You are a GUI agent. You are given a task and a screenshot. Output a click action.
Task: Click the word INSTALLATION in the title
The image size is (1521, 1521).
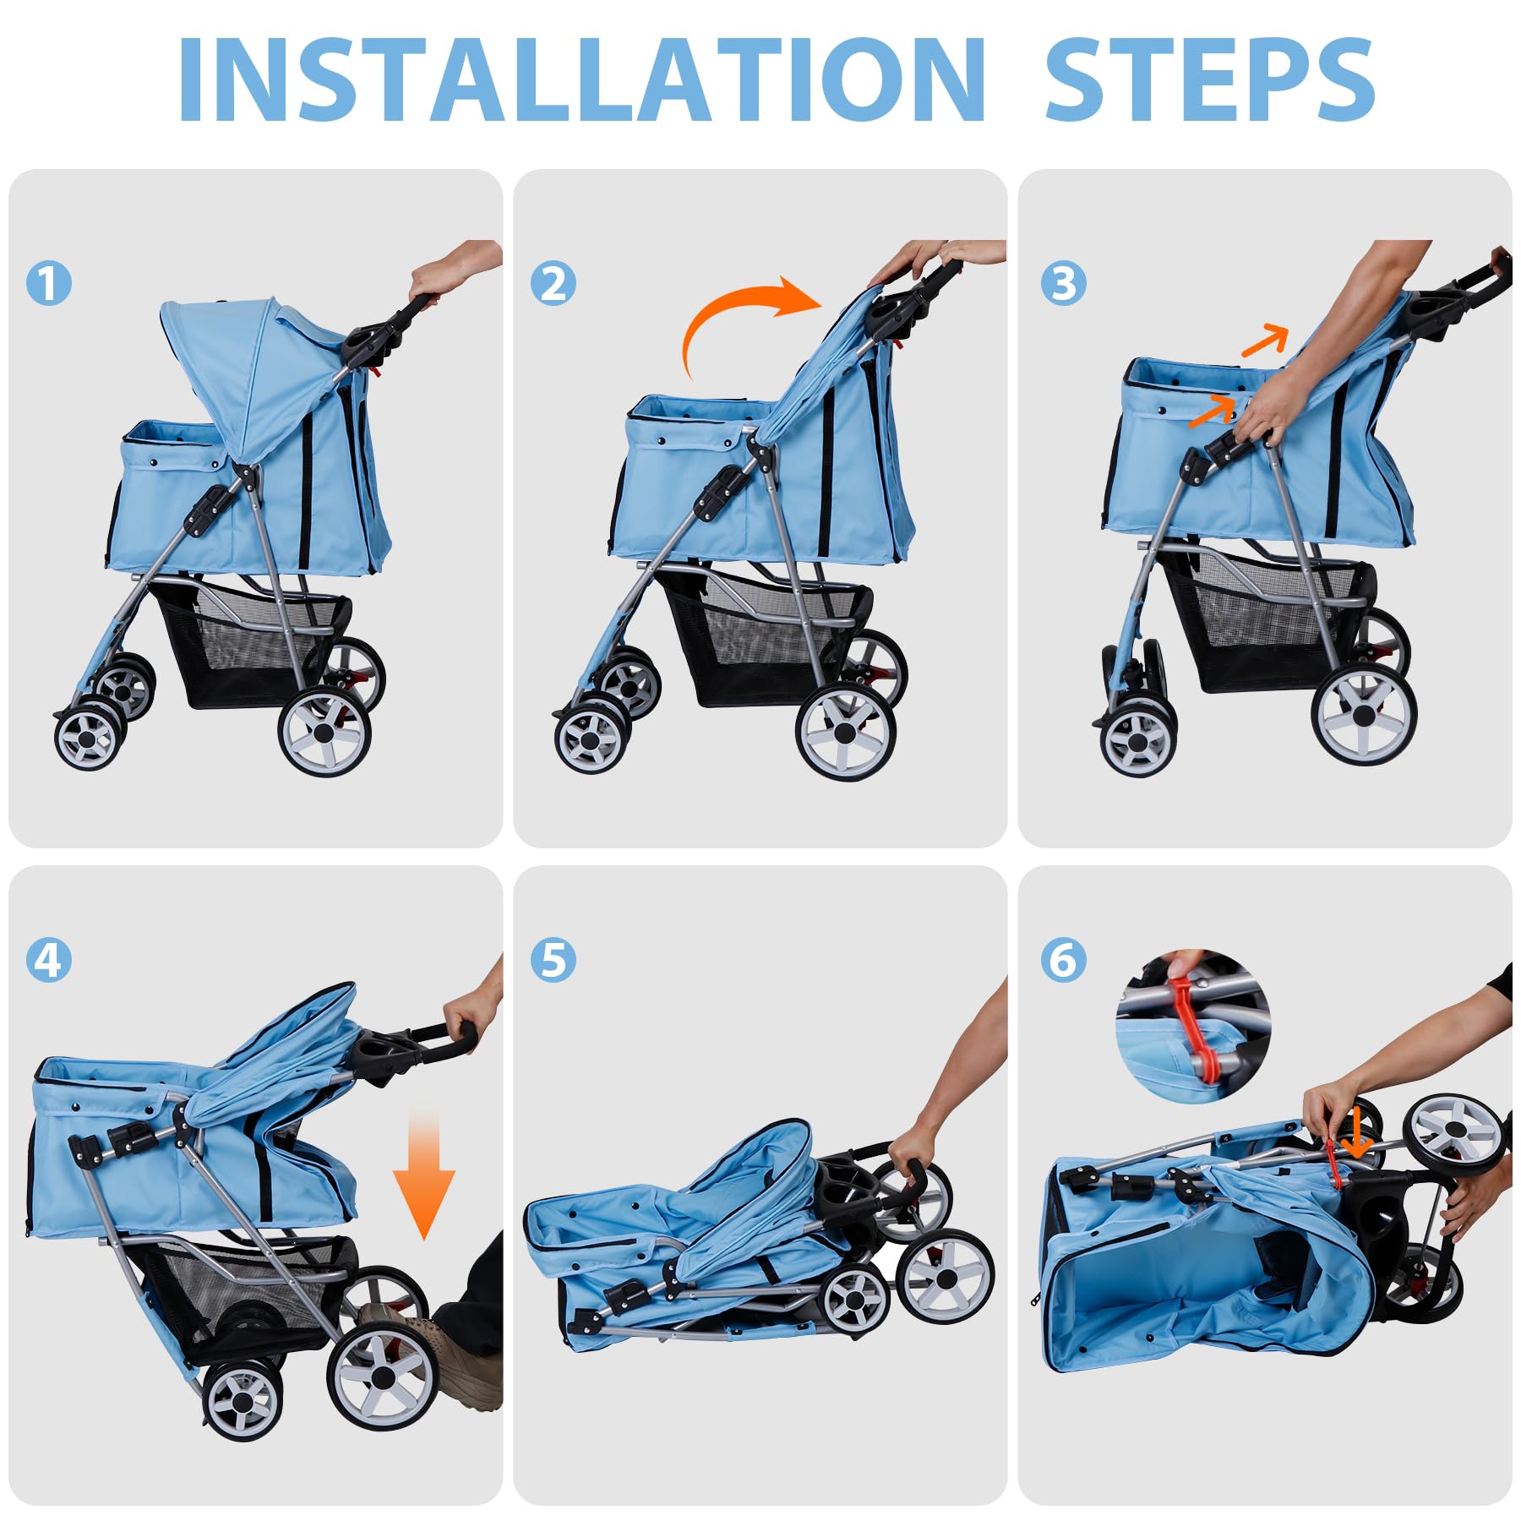pyautogui.click(x=581, y=80)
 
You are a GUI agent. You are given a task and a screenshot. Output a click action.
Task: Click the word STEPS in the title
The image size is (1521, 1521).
pyautogui.click(x=1210, y=80)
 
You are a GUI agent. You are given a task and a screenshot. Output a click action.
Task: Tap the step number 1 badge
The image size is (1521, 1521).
pyautogui.click(x=49, y=283)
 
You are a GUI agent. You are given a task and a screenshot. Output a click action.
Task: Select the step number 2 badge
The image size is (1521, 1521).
pyautogui.click(x=553, y=283)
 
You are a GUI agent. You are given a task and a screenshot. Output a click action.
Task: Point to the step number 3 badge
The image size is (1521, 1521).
pyautogui.click(x=1063, y=283)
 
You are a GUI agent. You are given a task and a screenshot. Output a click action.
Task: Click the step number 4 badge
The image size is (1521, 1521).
pyautogui.click(x=49, y=960)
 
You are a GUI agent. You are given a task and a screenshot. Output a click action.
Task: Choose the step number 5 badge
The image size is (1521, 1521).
pyautogui.click(x=553, y=960)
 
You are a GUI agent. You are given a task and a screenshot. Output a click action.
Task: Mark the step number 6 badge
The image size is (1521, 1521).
pyautogui.click(x=1063, y=960)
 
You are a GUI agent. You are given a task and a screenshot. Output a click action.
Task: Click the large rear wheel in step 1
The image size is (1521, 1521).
pyautogui.click(x=324, y=732)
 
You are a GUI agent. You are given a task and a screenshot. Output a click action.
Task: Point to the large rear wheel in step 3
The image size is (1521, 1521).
pyautogui.click(x=1363, y=714)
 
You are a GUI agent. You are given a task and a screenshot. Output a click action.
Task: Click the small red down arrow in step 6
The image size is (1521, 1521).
pyautogui.click(x=1358, y=1132)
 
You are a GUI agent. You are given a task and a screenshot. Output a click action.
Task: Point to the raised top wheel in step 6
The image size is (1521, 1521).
pyautogui.click(x=1455, y=1130)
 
